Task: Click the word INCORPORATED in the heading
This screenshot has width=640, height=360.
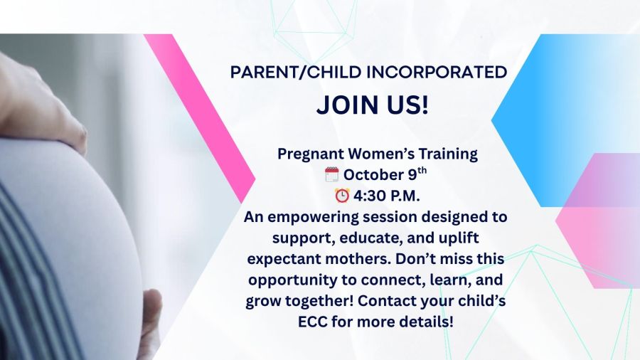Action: tap(437, 73)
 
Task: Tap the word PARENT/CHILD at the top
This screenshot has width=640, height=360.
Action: tap(296, 73)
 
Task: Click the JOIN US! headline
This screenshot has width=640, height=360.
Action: tap(373, 105)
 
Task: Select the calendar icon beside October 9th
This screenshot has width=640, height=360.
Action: tap(332, 174)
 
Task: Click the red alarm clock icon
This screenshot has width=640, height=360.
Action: tap(342, 196)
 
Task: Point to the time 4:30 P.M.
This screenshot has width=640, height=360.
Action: tap(387, 196)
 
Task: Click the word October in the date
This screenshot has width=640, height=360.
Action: tap(373, 175)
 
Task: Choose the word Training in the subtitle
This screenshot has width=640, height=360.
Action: tap(448, 154)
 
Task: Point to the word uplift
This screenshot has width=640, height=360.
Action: tap(459, 238)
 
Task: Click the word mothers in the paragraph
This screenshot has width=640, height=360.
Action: tap(358, 259)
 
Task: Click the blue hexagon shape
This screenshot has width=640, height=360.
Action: tap(563, 120)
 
